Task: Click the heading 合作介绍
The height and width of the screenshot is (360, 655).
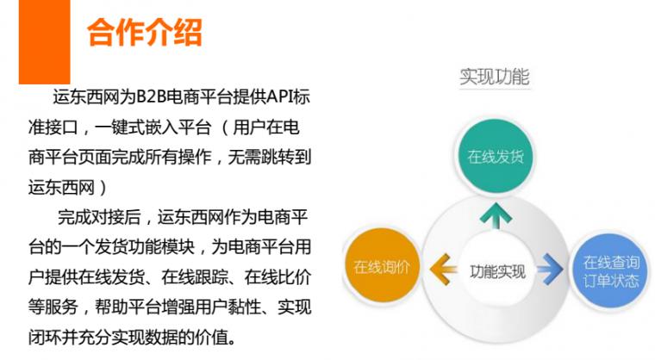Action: click(144, 34)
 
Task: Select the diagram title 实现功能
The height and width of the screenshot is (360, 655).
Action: click(494, 77)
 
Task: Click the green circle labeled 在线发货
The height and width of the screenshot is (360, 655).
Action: click(495, 158)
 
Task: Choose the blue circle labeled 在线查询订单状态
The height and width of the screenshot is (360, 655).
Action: click(610, 270)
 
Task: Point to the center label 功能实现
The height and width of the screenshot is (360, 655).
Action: click(497, 271)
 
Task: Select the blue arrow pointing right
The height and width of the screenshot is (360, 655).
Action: click(551, 268)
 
